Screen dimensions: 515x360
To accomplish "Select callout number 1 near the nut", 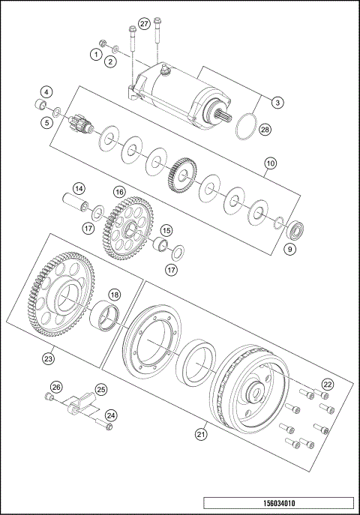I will tap(96, 54).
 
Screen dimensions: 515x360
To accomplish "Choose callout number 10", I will tap(269, 163).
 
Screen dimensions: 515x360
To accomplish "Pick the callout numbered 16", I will tap(118, 192).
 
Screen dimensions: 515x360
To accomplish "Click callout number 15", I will tap(166, 230).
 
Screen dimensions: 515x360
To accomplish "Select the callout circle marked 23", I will tap(49, 359).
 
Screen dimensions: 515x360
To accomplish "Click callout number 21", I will tap(201, 433).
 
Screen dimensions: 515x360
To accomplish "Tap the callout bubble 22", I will tap(326, 384).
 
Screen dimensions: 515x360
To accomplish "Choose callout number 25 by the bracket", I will tap(100, 390).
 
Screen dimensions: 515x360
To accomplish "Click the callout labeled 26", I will tap(54, 388).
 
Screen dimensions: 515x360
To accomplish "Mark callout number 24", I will tap(111, 415).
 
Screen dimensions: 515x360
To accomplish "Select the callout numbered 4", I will tap(46, 92).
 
